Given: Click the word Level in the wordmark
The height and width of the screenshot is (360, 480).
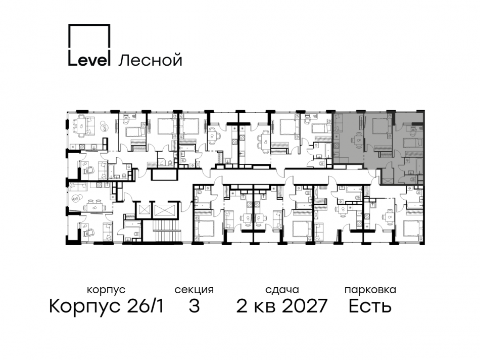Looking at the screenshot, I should pyautogui.click(x=89, y=60).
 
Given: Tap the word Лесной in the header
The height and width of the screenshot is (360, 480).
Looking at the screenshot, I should pyautogui.click(x=150, y=60).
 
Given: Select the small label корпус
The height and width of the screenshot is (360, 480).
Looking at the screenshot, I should pyautogui.click(x=106, y=290).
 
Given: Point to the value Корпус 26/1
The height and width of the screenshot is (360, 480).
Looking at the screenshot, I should pyautogui.click(x=106, y=306).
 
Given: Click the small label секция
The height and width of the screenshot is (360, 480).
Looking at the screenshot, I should pyautogui.click(x=194, y=290).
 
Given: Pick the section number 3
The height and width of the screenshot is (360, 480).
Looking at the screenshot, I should pyautogui.click(x=194, y=306).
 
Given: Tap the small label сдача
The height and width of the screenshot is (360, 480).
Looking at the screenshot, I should pyautogui.click(x=282, y=290).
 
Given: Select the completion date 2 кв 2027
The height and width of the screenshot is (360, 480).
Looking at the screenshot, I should pyautogui.click(x=282, y=306).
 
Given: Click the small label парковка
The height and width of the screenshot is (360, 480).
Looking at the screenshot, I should pyautogui.click(x=370, y=290).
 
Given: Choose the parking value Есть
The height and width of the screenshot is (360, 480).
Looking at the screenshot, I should pyautogui.click(x=370, y=306).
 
